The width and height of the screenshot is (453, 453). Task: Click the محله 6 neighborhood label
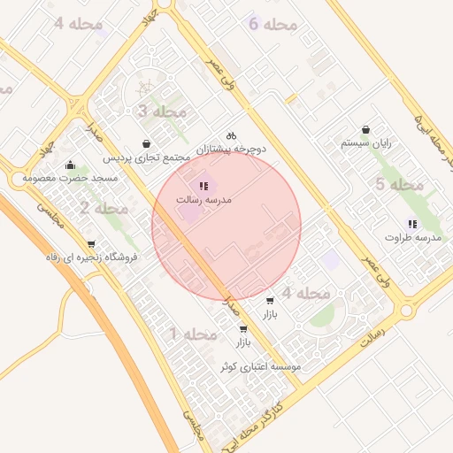(273, 24)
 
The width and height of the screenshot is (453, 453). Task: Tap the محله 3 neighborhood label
(163, 111)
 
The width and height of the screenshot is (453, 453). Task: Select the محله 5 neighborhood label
(400, 185)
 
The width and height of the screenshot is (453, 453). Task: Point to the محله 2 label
(104, 209)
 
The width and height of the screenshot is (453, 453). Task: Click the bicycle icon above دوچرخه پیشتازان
(231, 135)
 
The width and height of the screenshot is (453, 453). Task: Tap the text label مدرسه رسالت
(203, 201)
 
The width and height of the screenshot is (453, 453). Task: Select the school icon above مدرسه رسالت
(203, 187)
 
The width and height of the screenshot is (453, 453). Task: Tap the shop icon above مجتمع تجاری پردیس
(147, 144)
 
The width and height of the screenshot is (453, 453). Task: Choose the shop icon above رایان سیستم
(366, 129)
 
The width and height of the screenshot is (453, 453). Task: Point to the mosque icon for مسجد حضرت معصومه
(70, 165)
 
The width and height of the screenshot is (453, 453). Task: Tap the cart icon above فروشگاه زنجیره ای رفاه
(91, 244)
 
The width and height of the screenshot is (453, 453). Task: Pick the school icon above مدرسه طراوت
(411, 224)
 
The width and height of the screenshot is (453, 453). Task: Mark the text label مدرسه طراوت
(413, 238)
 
